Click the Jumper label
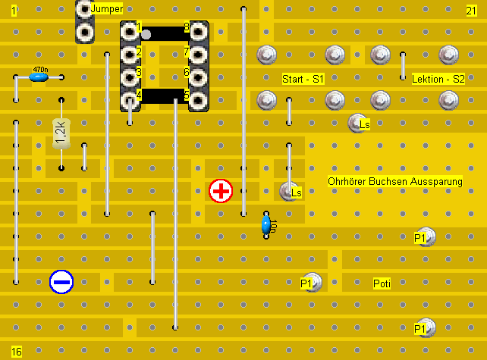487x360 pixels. coord(106,8)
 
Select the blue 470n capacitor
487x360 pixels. coord(39,77)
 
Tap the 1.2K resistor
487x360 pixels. coord(61,133)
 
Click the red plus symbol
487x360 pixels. coord(221,191)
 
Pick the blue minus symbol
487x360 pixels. coord(61,282)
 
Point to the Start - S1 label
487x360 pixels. coord(303,79)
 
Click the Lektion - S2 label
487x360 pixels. coord(438,79)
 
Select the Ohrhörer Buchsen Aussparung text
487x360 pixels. coord(394,182)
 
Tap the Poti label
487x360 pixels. coord(382,283)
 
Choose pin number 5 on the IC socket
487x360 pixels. coord(199,99)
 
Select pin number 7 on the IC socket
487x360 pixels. coord(199,54)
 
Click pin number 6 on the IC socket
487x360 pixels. coord(199,77)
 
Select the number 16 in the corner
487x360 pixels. coord(17,352)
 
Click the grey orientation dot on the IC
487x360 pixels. coord(146,33)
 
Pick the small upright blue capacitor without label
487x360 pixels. coord(266,224)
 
